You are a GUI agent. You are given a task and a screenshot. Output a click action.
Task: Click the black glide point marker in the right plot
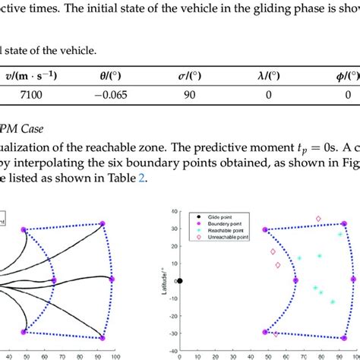[x=180, y=281]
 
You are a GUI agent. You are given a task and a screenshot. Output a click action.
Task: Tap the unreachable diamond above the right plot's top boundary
[x=317, y=219]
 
